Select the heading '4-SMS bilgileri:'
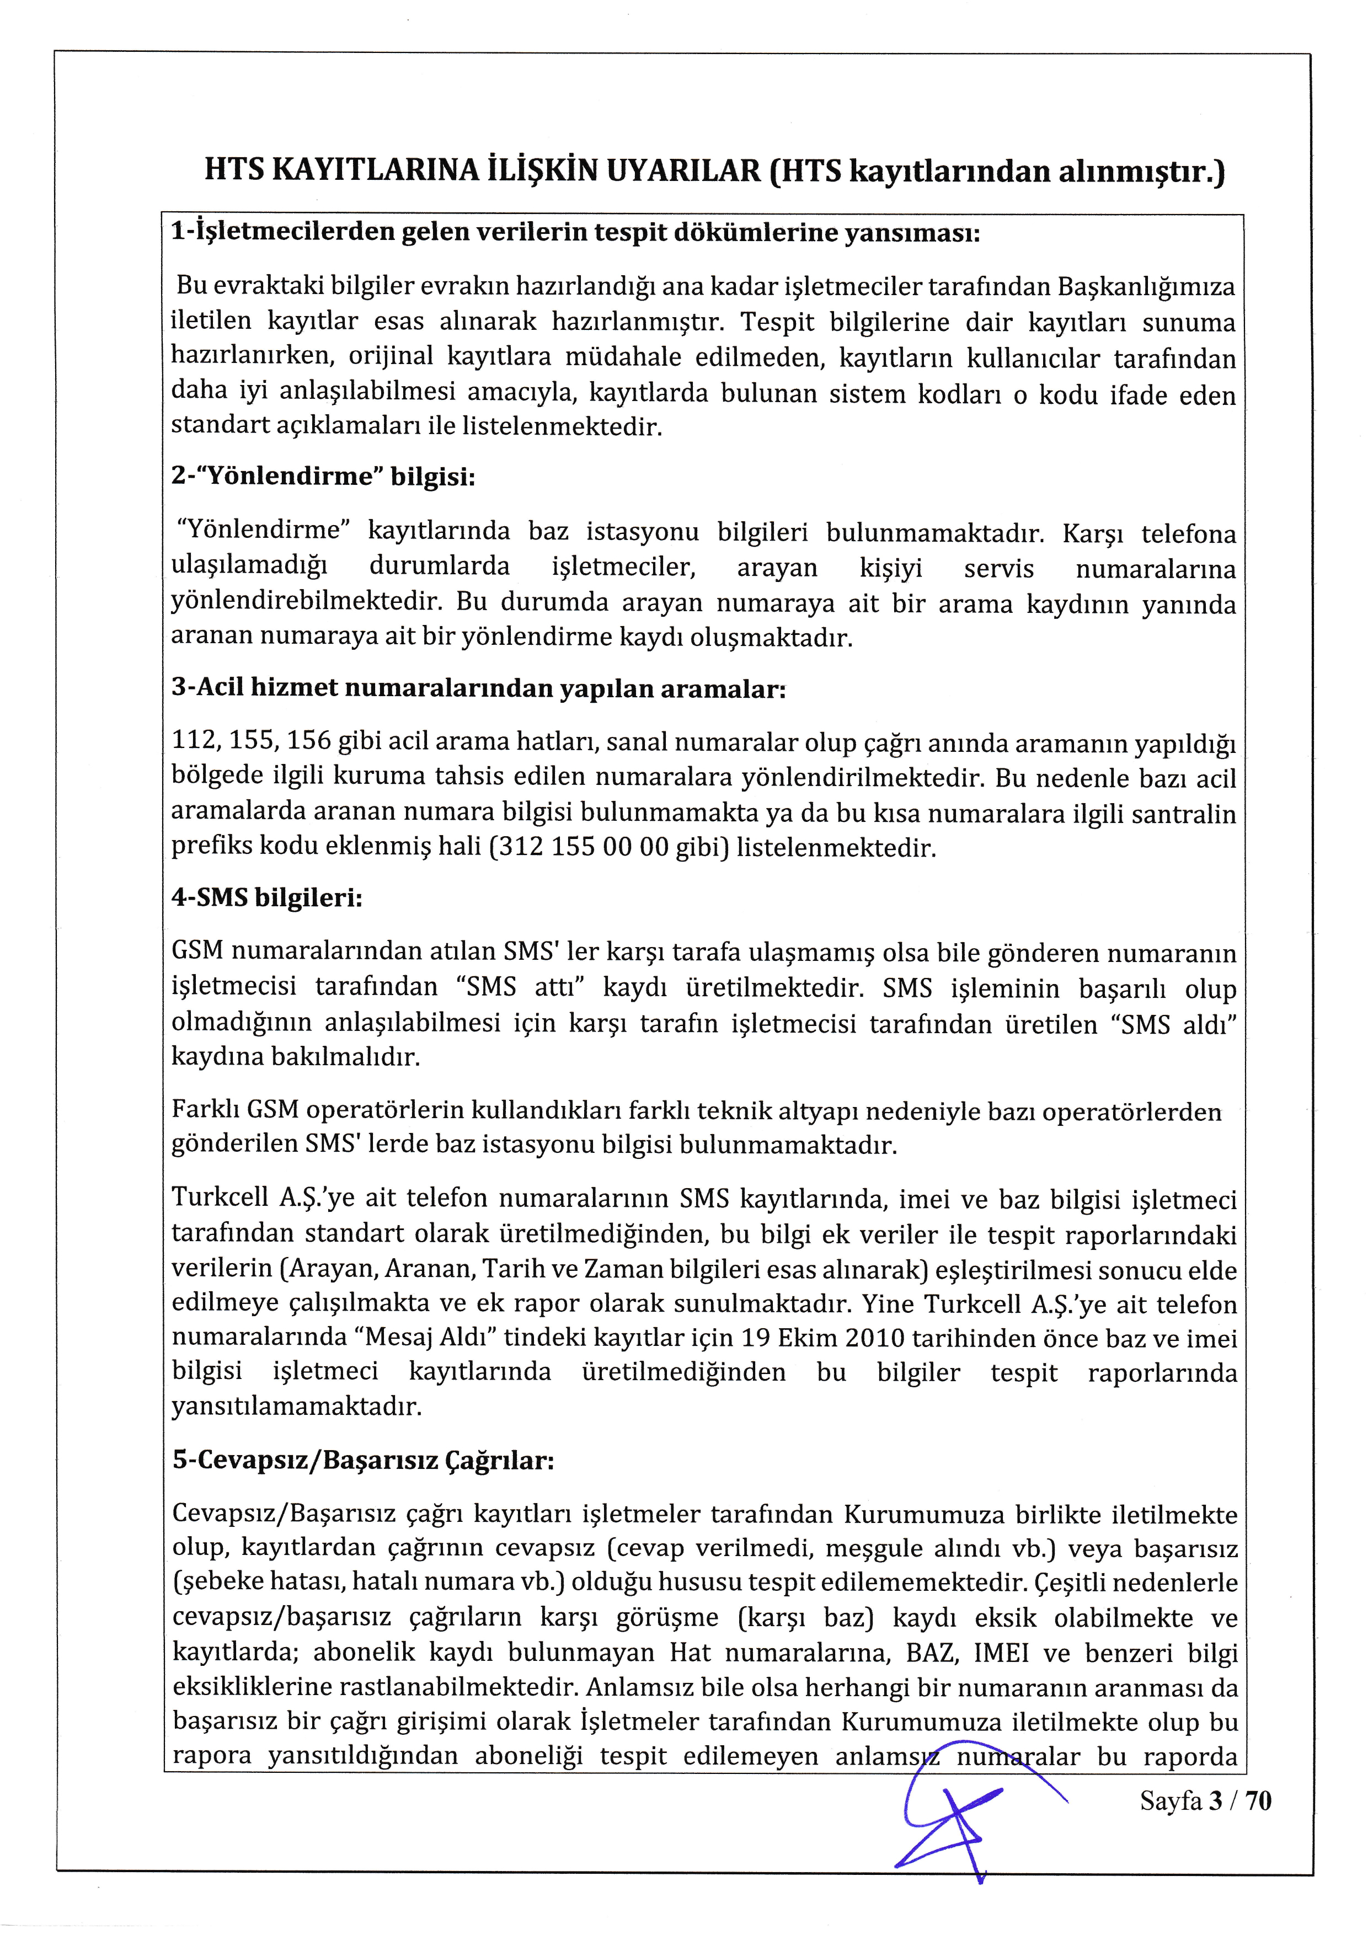click(267, 899)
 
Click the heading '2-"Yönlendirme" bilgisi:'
click(324, 478)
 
